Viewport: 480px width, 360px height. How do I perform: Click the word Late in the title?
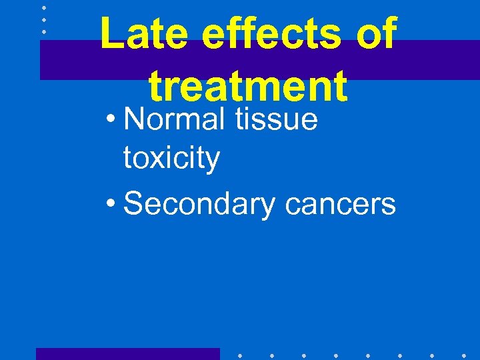click(142, 35)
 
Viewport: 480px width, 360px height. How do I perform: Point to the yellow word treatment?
click(248, 87)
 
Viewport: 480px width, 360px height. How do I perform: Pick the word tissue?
click(279, 120)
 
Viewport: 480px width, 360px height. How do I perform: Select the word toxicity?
click(171, 159)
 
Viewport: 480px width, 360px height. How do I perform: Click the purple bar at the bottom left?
click(127, 353)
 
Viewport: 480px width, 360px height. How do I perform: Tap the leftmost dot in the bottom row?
click(239, 356)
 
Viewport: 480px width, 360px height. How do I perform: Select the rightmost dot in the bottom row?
click(463, 356)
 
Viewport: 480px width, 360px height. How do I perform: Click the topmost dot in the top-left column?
click(43, 7)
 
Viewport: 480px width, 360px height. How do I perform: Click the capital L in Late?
click(110, 35)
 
